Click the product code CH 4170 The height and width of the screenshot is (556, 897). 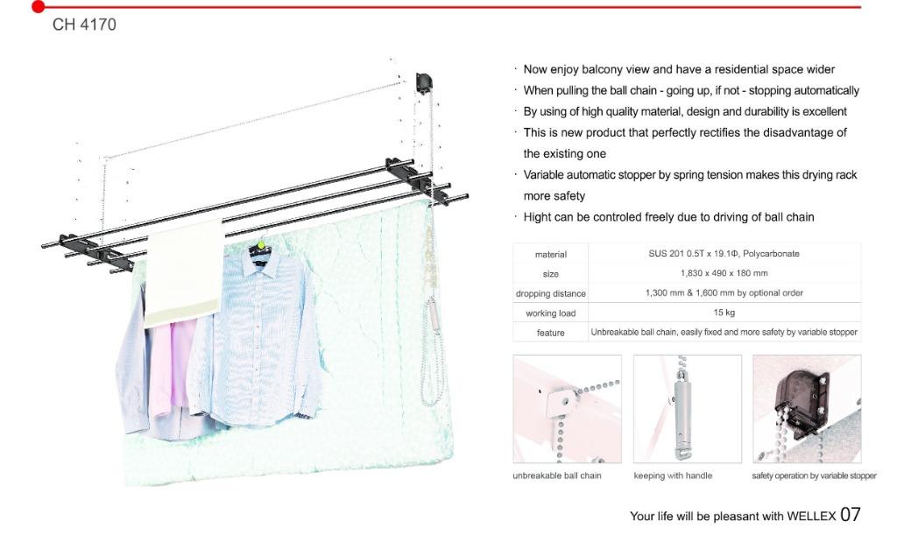pos(84,25)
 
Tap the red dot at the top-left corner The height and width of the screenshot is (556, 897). pos(38,7)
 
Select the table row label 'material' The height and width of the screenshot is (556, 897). pos(551,254)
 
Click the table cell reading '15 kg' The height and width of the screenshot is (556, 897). pos(724,313)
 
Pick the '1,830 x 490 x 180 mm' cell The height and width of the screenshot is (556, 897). pos(724,273)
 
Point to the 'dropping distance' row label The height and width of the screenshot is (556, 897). pos(551,293)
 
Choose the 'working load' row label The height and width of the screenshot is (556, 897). pos(551,313)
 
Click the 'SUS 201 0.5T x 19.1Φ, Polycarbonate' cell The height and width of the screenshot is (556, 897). pos(724,254)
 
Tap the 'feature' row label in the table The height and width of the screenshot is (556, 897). pos(551,333)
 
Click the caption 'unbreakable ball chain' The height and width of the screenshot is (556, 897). pos(557,475)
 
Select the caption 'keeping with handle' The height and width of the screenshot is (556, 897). pos(673,475)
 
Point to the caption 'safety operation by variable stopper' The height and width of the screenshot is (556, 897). pos(814,475)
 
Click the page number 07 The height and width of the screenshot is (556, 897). pos(850,515)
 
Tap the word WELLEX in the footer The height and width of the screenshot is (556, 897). pos(811,516)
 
